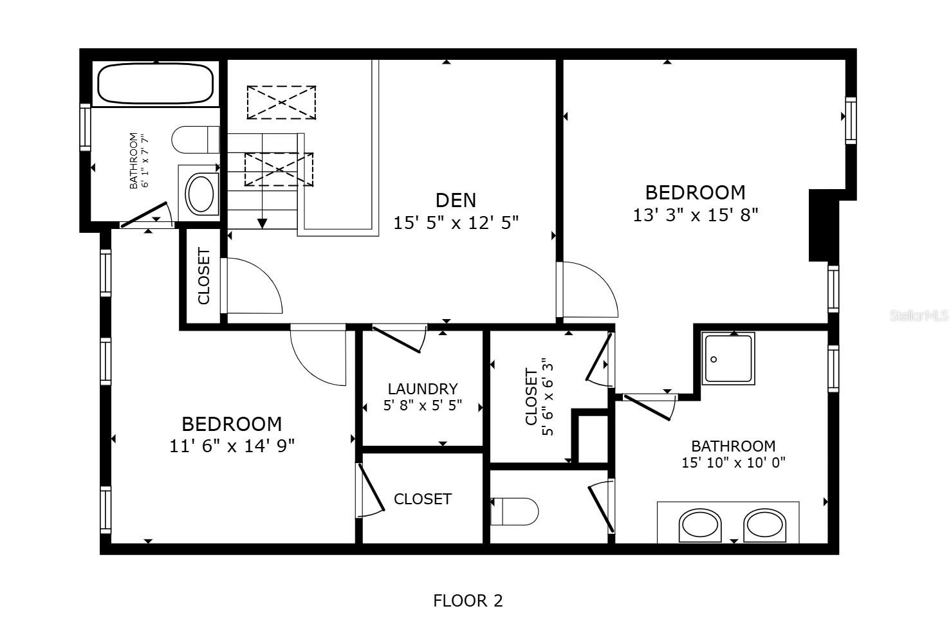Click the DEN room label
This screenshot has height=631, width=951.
pyautogui.click(x=456, y=200)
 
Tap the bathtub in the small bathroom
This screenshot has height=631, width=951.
pyautogui.click(x=155, y=84)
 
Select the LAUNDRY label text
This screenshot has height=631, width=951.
pyautogui.click(x=423, y=389)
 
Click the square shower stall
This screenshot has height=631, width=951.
pyautogui.click(x=728, y=358)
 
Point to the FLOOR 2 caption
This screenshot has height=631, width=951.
pyautogui.click(x=468, y=601)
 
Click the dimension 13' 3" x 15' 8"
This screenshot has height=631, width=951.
pyautogui.click(x=696, y=215)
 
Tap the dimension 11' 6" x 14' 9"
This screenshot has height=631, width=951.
pyautogui.click(x=232, y=446)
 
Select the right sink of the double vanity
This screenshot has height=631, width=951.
pyautogui.click(x=765, y=526)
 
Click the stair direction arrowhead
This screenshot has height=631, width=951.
pyautogui.click(x=262, y=223)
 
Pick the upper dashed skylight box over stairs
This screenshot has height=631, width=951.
pyautogui.click(x=281, y=102)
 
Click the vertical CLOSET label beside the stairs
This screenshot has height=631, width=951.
pyautogui.click(x=204, y=276)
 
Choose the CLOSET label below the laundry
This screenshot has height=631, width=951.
pyautogui.click(x=422, y=499)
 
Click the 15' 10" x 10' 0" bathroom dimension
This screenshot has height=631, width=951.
pyautogui.click(x=733, y=462)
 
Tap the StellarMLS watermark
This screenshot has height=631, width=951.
pyautogui.click(x=919, y=316)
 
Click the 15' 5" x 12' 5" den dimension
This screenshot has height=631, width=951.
pyautogui.click(x=456, y=223)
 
